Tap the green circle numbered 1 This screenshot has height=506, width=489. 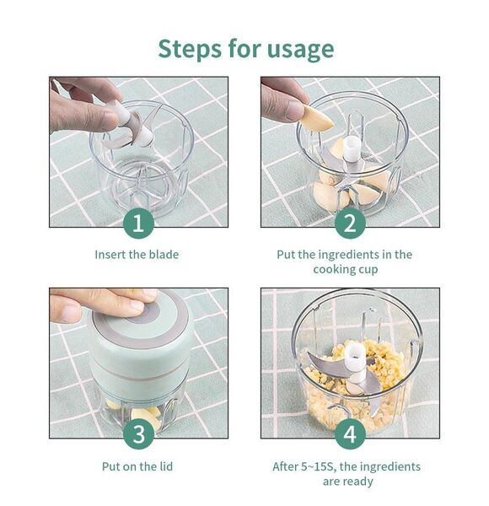point(138,223)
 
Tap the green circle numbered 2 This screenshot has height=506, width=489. point(350,223)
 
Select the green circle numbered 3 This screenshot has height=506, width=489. point(138,434)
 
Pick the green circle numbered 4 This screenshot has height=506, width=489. point(350,434)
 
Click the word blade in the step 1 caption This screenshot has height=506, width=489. point(164,255)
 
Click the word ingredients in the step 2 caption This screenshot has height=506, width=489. point(348,255)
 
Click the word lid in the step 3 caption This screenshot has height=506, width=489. point(166,466)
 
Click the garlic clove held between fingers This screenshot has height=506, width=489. point(317,118)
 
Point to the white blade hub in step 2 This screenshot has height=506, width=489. point(352,148)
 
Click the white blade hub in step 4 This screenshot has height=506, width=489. point(355,359)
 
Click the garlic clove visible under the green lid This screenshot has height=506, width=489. point(147,417)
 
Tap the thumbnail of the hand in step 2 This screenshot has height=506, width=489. point(296,110)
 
